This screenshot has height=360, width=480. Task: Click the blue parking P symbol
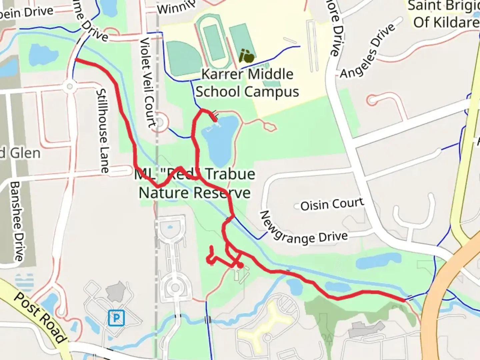[116, 318]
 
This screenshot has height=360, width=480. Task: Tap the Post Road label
[40, 317]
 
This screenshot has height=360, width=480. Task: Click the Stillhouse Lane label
[102, 131]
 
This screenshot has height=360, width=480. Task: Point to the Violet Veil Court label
[148, 82]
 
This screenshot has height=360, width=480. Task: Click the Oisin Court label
[332, 204]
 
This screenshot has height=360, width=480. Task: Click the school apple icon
[247, 56]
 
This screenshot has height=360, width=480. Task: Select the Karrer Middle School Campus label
[247, 83]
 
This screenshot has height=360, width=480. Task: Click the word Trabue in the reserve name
[230, 174]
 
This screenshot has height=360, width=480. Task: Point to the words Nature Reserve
[195, 193]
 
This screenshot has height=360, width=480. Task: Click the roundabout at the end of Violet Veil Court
[159, 122]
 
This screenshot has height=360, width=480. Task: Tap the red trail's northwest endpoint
[76, 60]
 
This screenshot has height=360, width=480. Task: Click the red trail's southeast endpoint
[404, 300]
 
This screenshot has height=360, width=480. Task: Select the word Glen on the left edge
[25, 153]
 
